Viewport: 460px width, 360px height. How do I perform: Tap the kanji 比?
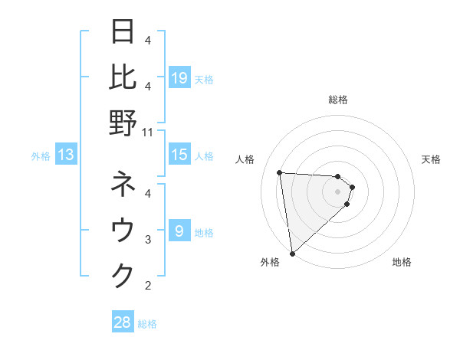(123, 77)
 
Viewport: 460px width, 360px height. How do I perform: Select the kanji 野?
(123, 123)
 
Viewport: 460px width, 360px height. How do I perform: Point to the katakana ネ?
(123, 185)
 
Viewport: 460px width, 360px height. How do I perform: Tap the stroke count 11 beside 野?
(149, 132)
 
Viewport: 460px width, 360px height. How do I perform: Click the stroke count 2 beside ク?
(148, 286)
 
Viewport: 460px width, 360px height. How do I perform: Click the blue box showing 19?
(179, 78)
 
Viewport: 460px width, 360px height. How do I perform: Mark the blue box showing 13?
(65, 155)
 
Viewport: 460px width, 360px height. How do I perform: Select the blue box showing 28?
(123, 322)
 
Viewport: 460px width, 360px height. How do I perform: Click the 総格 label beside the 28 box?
(147, 324)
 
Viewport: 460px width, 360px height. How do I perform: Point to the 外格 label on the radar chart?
(270, 263)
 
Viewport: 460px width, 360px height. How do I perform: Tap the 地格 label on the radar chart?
(402, 263)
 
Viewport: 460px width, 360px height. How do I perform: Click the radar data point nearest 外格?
(292, 254)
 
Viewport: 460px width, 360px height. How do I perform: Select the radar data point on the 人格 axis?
(280, 172)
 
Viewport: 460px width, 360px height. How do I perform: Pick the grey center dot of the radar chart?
(337, 191)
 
